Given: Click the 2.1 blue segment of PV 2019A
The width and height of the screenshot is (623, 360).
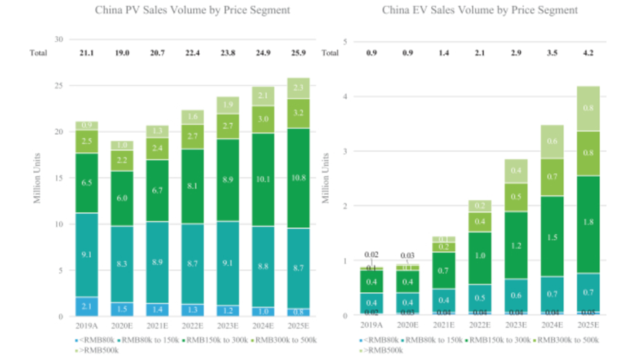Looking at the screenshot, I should pos(87,307).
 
